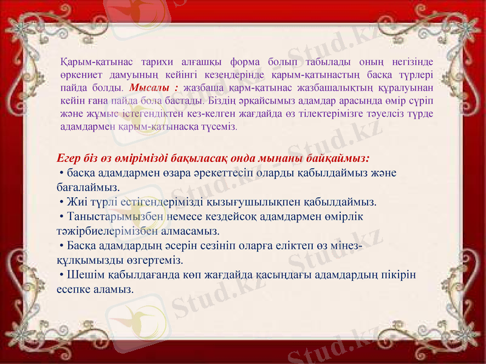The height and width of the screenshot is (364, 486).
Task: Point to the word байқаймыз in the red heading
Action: pyautogui.click(x=341, y=158)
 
